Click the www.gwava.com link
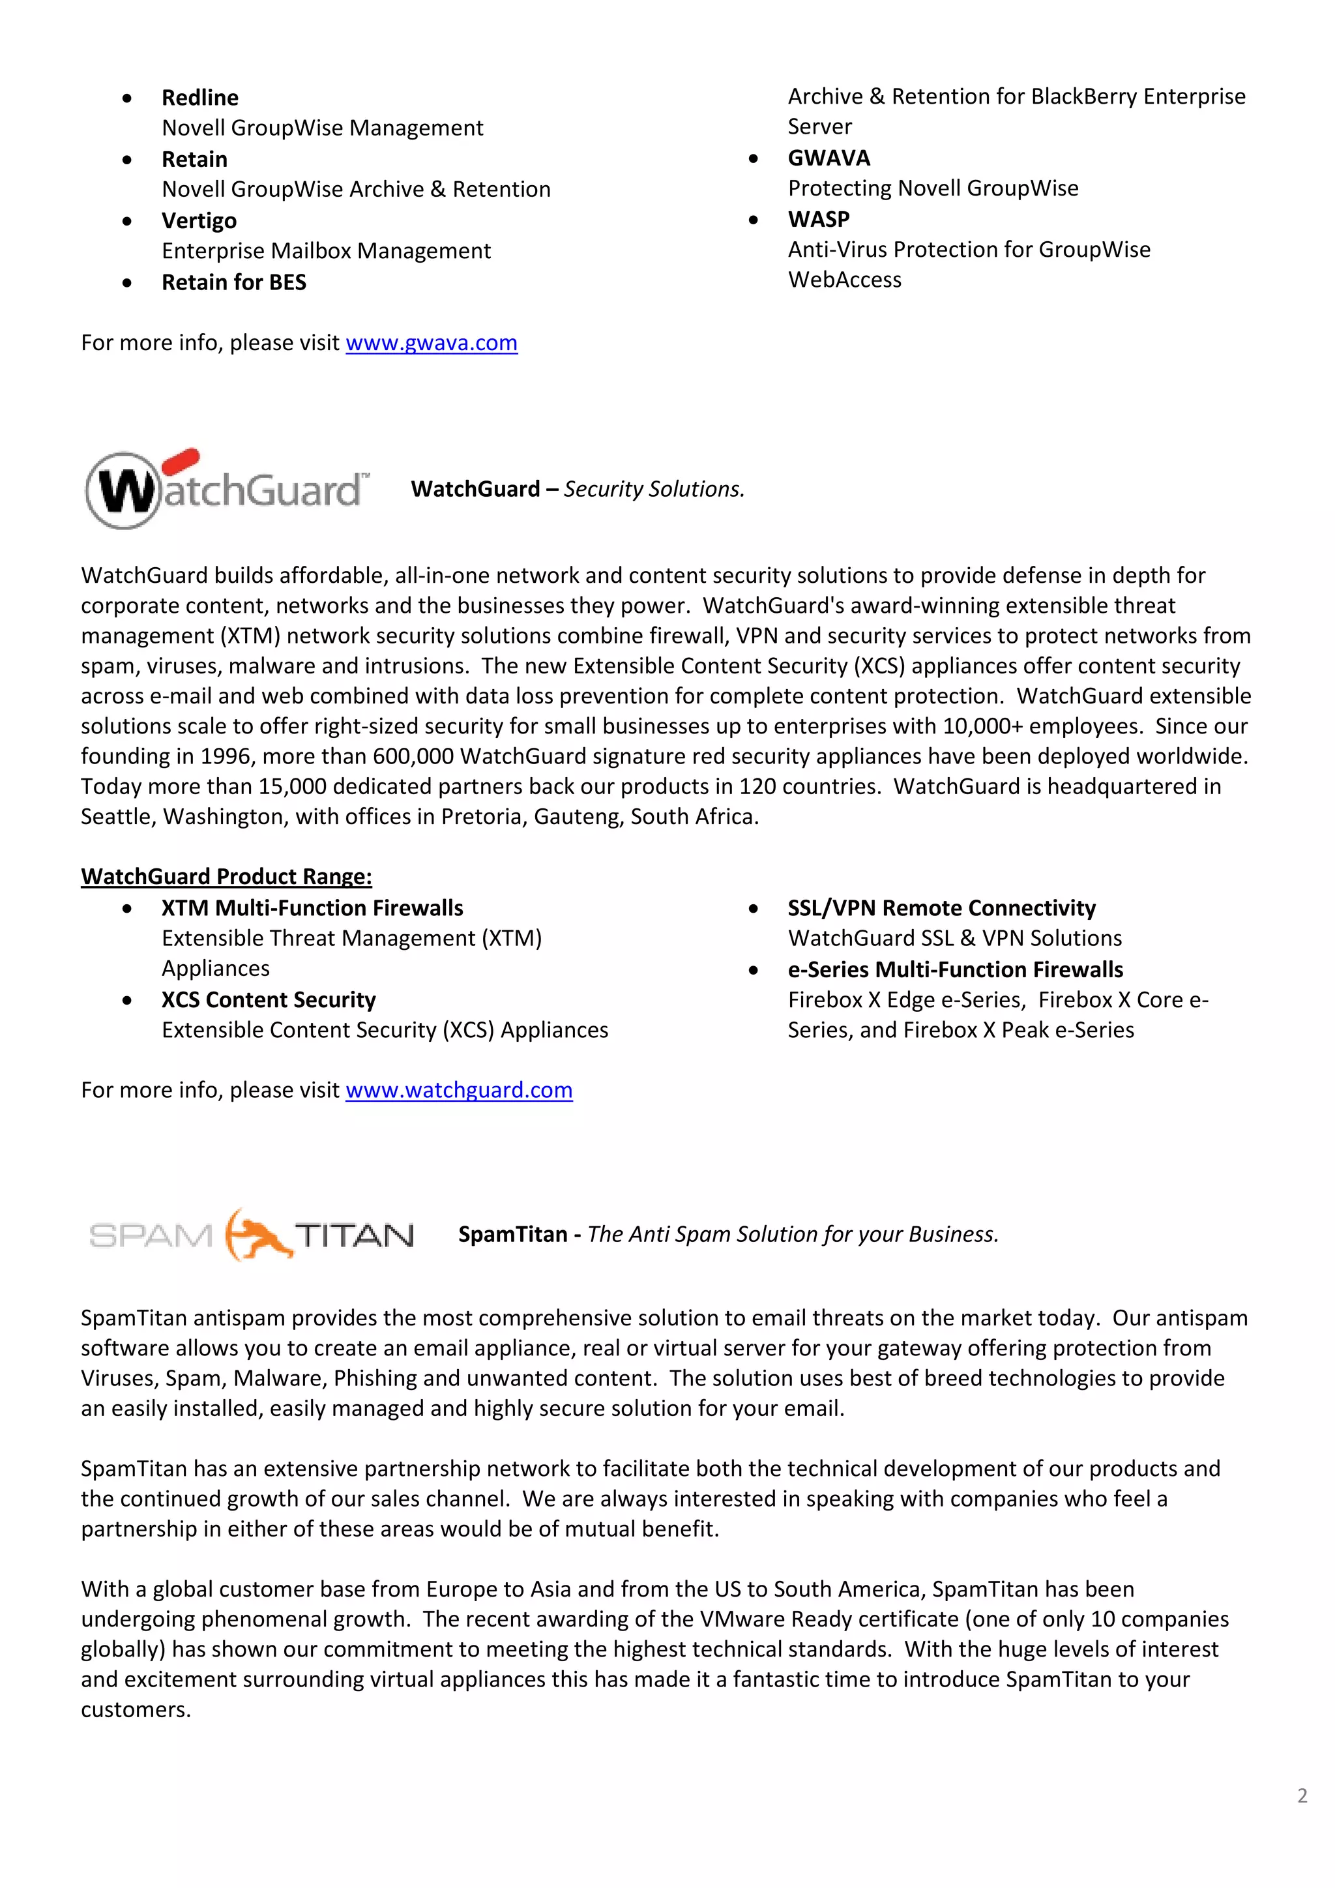point(431,343)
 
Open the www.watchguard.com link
point(459,1091)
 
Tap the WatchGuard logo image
point(227,489)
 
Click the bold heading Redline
point(199,98)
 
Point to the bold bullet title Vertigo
point(199,221)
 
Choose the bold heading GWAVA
point(829,158)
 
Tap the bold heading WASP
point(819,220)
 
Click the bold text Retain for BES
point(233,283)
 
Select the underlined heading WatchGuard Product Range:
point(226,877)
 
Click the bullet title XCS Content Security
point(268,1000)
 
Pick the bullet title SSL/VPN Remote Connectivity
point(941,908)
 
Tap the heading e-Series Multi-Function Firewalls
point(954,969)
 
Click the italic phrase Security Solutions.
point(654,489)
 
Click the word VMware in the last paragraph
point(742,1619)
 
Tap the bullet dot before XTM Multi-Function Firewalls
point(126,909)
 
